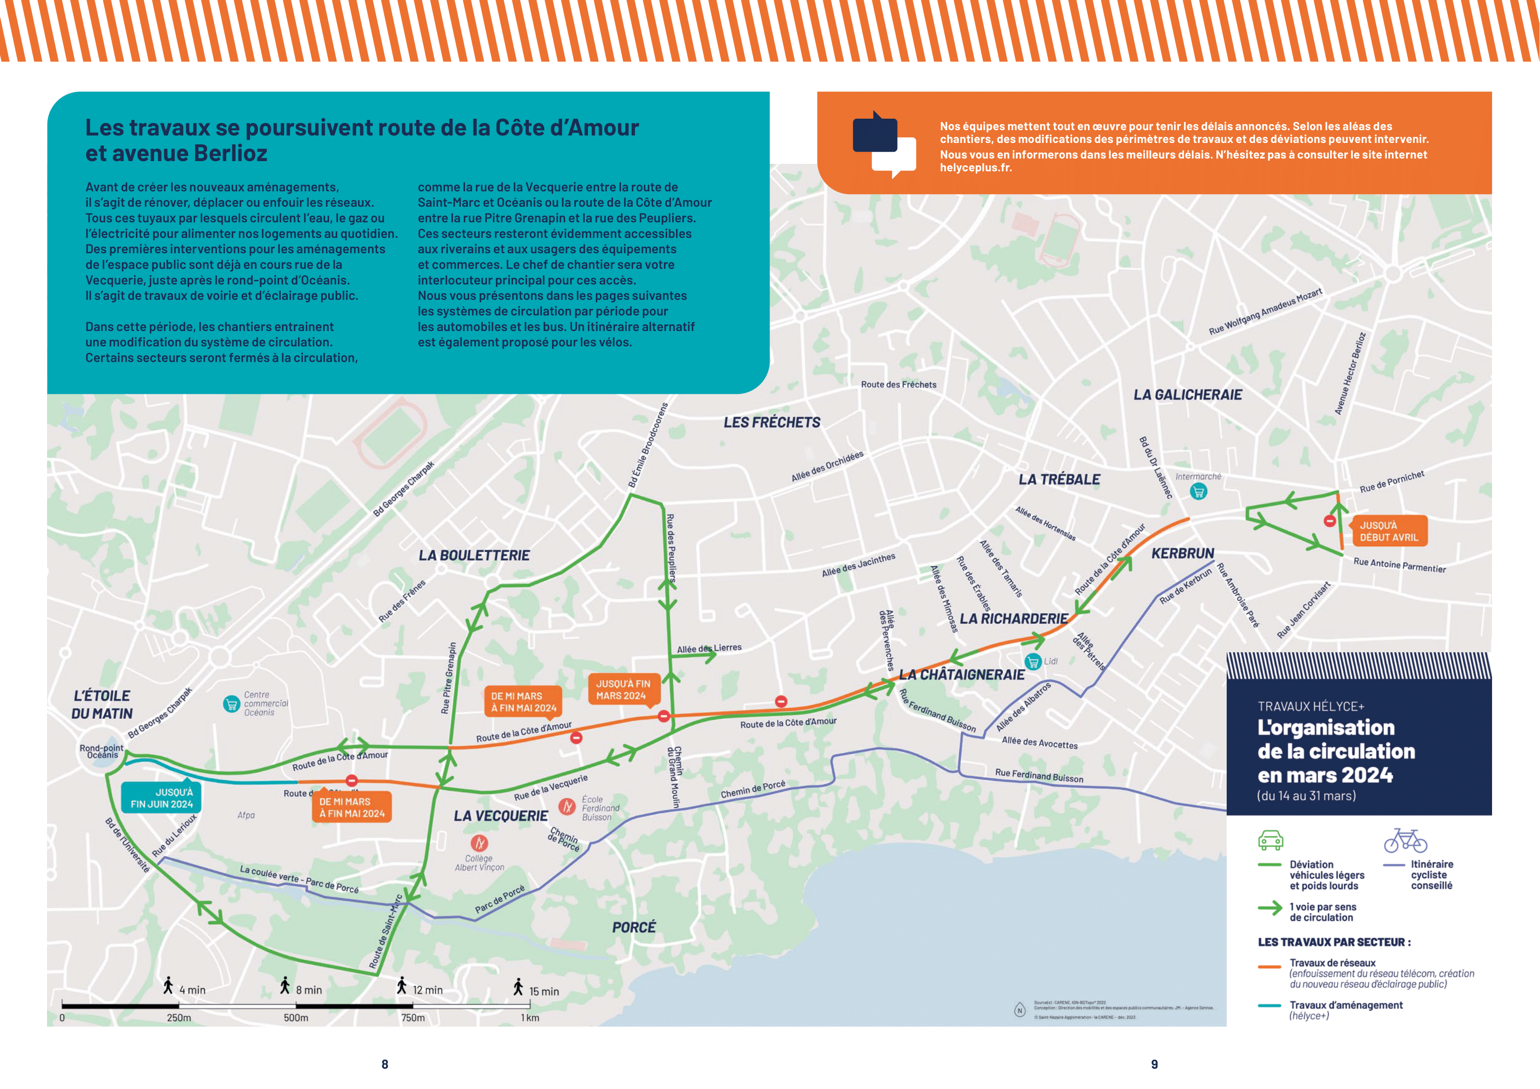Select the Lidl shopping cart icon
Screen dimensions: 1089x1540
pyautogui.click(x=1033, y=662)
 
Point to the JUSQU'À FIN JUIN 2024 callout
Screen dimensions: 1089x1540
pyautogui.click(x=161, y=798)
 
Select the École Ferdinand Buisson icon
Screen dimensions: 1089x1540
pyautogui.click(x=567, y=806)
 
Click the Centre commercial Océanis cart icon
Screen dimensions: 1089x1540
pyautogui.click(x=231, y=704)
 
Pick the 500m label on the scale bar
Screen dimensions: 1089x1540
pyautogui.click(x=296, y=1018)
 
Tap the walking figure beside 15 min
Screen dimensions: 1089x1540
pyautogui.click(x=518, y=987)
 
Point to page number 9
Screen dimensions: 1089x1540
pyautogui.click(x=1155, y=1064)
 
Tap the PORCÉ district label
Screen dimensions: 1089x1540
pyautogui.click(x=634, y=927)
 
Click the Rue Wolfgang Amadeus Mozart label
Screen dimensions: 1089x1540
pyautogui.click(x=1265, y=311)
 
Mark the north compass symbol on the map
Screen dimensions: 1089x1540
pyautogui.click(x=1020, y=1010)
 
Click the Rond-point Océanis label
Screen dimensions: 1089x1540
pyautogui.click(x=102, y=751)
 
